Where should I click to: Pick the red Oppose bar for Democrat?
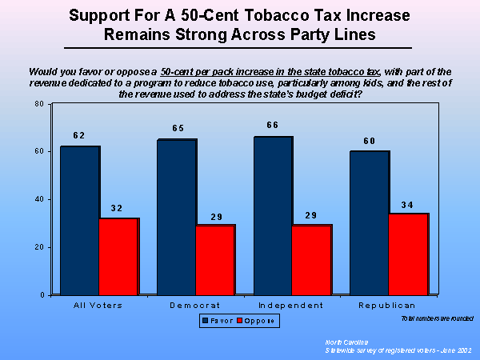click(x=215, y=260)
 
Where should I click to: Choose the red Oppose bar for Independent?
click(x=312, y=260)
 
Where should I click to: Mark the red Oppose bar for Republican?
click(x=408, y=254)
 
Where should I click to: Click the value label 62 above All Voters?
click(x=78, y=136)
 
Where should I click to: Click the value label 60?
click(x=369, y=141)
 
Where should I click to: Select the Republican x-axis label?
click(x=387, y=306)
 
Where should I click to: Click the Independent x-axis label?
click(x=290, y=306)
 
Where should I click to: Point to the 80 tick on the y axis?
click(x=38, y=104)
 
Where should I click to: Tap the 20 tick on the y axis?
click(x=38, y=247)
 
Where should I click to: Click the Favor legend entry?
click(x=218, y=320)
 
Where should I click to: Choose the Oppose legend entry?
click(x=257, y=320)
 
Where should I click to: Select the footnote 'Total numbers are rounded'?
click(x=432, y=318)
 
